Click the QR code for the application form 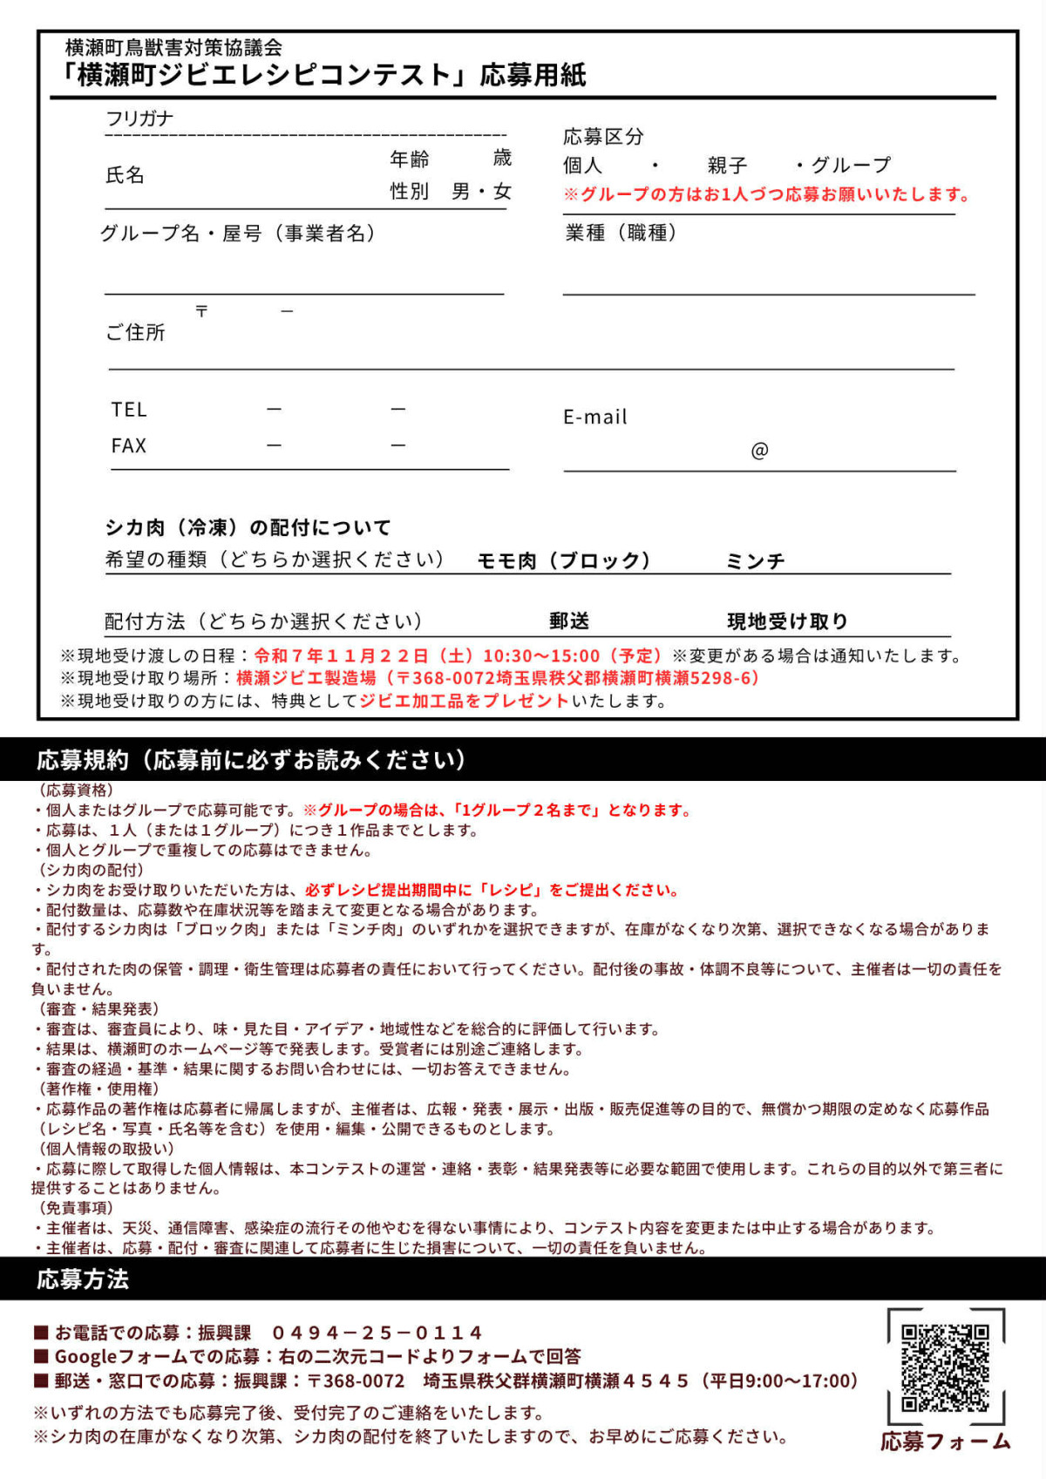coord(945,1367)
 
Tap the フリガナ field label coord(139,119)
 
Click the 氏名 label coord(125,175)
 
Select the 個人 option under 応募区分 coord(582,166)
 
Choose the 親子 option coord(727,166)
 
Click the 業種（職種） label coord(621,233)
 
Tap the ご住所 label coord(135,332)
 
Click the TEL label coord(129,410)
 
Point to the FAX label coord(129,446)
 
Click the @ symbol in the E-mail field coord(759,451)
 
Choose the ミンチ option coord(755,561)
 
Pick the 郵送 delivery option coord(569,621)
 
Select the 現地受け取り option coord(787,621)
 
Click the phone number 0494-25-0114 coord(377,1333)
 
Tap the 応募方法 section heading coord(83,1279)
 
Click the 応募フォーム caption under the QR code coord(945,1442)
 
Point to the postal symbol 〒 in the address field coord(201,311)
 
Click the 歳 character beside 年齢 coord(502,158)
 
